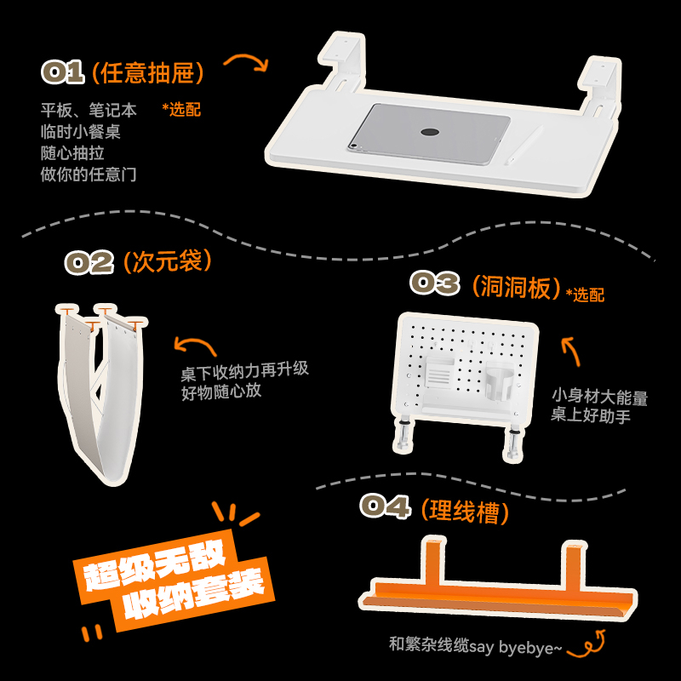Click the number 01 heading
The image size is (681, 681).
point(63,73)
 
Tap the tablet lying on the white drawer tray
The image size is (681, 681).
point(429,134)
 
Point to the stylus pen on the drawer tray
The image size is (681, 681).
point(524,146)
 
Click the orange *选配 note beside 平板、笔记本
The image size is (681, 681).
point(180,109)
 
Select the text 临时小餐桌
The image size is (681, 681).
point(80,131)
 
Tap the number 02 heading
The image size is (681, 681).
point(89,262)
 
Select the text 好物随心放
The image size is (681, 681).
point(221,392)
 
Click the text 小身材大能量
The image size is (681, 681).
point(599,397)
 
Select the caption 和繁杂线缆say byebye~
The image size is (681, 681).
point(475,644)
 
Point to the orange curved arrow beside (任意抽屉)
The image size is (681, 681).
point(245,63)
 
